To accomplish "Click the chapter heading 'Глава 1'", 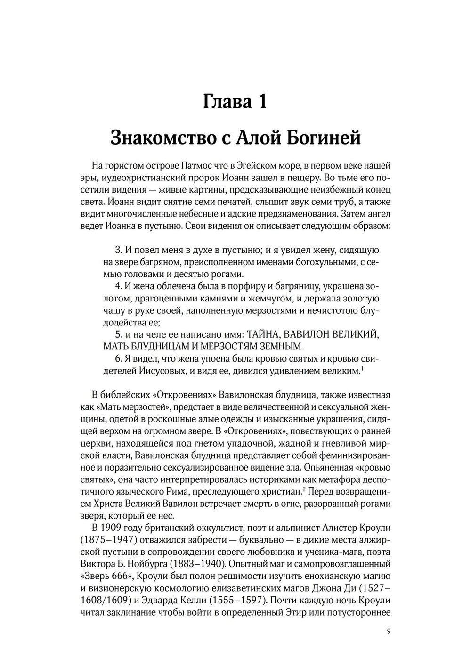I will [235, 101].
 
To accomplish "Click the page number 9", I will [388, 632].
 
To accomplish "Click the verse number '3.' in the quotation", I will [119, 250].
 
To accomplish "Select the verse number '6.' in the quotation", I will [119, 359].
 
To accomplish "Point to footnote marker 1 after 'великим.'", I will [361, 368].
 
